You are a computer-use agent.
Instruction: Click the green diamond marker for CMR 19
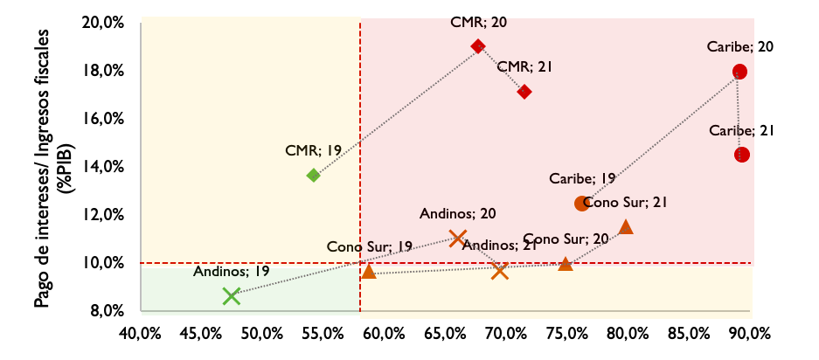pos(313,176)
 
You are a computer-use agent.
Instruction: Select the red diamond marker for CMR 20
pos(477,46)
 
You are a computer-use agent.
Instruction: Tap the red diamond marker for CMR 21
pos(524,92)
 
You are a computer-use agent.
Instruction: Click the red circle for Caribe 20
pos(740,72)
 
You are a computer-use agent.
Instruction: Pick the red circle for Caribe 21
pos(742,155)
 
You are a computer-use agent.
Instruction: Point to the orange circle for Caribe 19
pos(581,203)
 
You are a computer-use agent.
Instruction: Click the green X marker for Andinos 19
pos(231,296)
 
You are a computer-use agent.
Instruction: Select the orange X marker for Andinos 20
pos(456,238)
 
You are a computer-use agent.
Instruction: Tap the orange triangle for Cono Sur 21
pos(626,227)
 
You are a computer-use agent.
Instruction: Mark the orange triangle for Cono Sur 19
pos(368,272)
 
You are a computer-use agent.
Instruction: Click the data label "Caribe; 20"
pos(740,47)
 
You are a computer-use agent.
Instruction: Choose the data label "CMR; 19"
pos(314,150)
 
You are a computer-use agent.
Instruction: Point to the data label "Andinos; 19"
pos(232,271)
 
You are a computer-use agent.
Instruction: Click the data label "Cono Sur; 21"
pos(626,203)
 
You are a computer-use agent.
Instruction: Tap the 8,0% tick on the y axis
pos(111,311)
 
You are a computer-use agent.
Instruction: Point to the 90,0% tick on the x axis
pos(750,333)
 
